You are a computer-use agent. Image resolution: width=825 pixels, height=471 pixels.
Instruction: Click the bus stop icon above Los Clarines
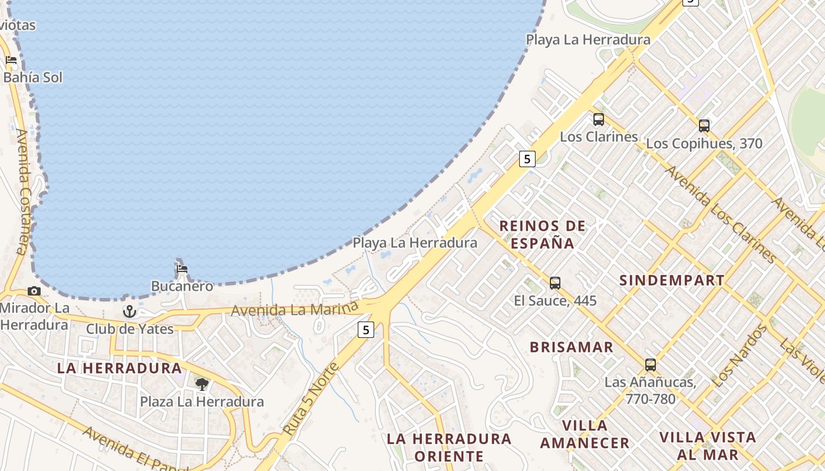tap(599, 120)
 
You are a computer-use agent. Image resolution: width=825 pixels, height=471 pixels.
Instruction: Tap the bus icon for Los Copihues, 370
tap(704, 125)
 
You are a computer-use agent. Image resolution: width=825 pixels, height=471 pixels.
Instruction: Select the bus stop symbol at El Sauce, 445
tap(555, 283)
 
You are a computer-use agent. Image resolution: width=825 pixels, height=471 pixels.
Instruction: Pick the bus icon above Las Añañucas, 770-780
tap(651, 365)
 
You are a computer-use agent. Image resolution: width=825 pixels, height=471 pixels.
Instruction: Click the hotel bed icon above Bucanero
tap(182, 269)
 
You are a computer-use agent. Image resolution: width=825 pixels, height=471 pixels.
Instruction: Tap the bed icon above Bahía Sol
tap(11, 59)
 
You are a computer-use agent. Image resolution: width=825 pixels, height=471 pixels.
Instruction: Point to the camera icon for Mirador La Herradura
tap(34, 291)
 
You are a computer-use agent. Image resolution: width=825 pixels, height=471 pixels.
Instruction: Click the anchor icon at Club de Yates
tap(130, 311)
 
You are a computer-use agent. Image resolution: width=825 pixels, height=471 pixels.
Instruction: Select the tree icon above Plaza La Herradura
tap(202, 384)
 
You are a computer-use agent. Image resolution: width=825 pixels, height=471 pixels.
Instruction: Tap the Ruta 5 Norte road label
tap(311, 399)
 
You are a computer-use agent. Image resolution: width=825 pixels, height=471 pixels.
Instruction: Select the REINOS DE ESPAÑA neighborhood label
tap(543, 234)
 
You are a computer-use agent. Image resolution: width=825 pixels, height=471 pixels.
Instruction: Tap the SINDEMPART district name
tap(672, 281)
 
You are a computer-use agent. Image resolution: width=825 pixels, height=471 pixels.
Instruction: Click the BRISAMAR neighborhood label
tap(572, 347)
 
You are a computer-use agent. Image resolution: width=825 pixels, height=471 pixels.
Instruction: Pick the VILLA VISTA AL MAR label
tap(708, 446)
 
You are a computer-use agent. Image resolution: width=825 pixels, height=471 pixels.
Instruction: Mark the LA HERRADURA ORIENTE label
tap(449, 447)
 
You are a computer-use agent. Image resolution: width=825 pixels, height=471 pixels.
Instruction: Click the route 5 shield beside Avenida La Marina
tap(366, 330)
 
